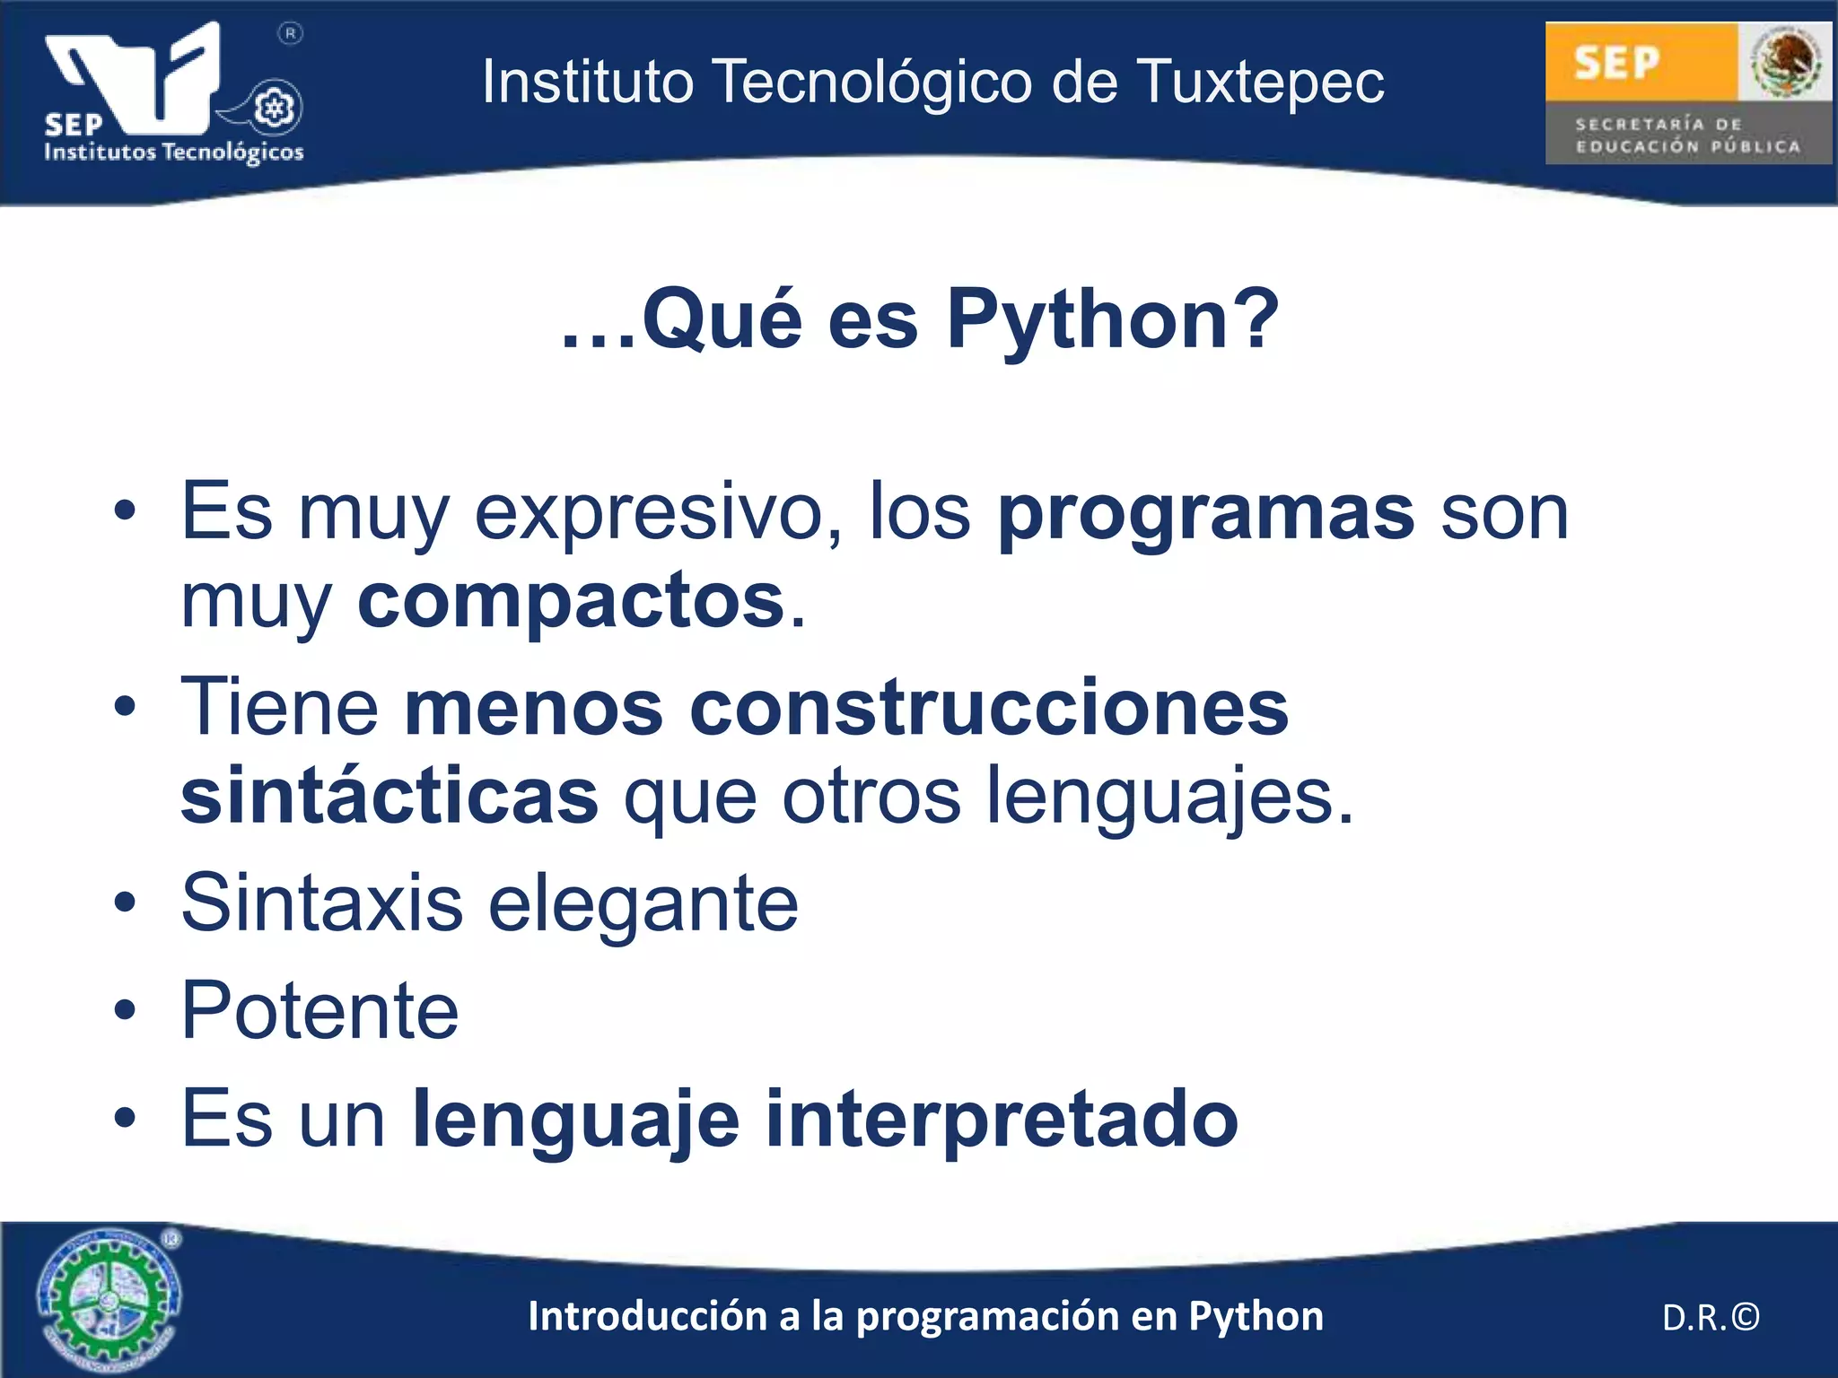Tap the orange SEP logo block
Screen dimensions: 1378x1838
pyautogui.click(x=1641, y=61)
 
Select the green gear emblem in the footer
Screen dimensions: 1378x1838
pyautogui.click(x=108, y=1299)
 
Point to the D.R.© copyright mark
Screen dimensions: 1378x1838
pyautogui.click(x=1711, y=1317)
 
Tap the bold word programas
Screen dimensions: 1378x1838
pyautogui.click(x=1206, y=513)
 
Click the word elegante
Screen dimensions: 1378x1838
pyautogui.click(x=643, y=903)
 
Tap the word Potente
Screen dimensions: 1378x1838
pyautogui.click(x=319, y=1011)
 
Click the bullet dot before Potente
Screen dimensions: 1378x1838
pyautogui.click(x=125, y=1011)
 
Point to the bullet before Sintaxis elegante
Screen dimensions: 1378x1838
pyautogui.click(x=125, y=903)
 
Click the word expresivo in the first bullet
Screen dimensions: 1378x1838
pyautogui.click(x=658, y=513)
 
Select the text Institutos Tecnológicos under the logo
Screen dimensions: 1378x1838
pyautogui.click(x=174, y=152)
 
